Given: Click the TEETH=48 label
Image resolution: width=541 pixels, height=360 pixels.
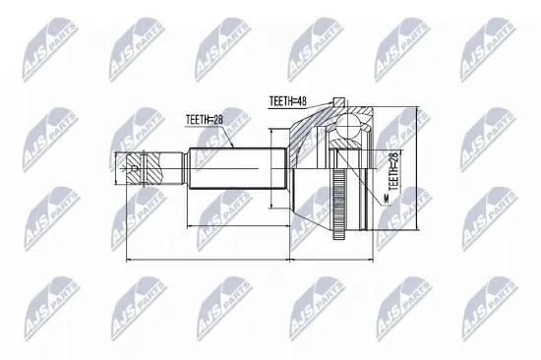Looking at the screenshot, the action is pyautogui.click(x=288, y=101).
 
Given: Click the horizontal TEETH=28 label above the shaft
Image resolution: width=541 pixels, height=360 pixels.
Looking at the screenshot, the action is pyautogui.click(x=205, y=120).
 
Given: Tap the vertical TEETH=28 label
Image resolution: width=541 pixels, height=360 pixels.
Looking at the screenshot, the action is pyautogui.click(x=393, y=171).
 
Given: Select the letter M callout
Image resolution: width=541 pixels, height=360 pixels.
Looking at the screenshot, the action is pyautogui.click(x=387, y=199).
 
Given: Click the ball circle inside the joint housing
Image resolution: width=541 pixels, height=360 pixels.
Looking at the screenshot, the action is pyautogui.click(x=348, y=126).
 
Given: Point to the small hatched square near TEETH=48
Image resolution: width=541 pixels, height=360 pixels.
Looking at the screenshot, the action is pyautogui.click(x=338, y=102).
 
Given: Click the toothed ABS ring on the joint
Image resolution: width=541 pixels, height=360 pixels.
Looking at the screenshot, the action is pyautogui.click(x=339, y=204).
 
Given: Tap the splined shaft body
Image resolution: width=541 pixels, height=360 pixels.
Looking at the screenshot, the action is pyautogui.click(x=238, y=168).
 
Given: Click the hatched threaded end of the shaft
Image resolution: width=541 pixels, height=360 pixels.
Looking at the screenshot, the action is pyautogui.click(x=145, y=168).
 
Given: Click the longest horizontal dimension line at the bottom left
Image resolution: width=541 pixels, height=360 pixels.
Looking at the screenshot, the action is pyautogui.click(x=209, y=260).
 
